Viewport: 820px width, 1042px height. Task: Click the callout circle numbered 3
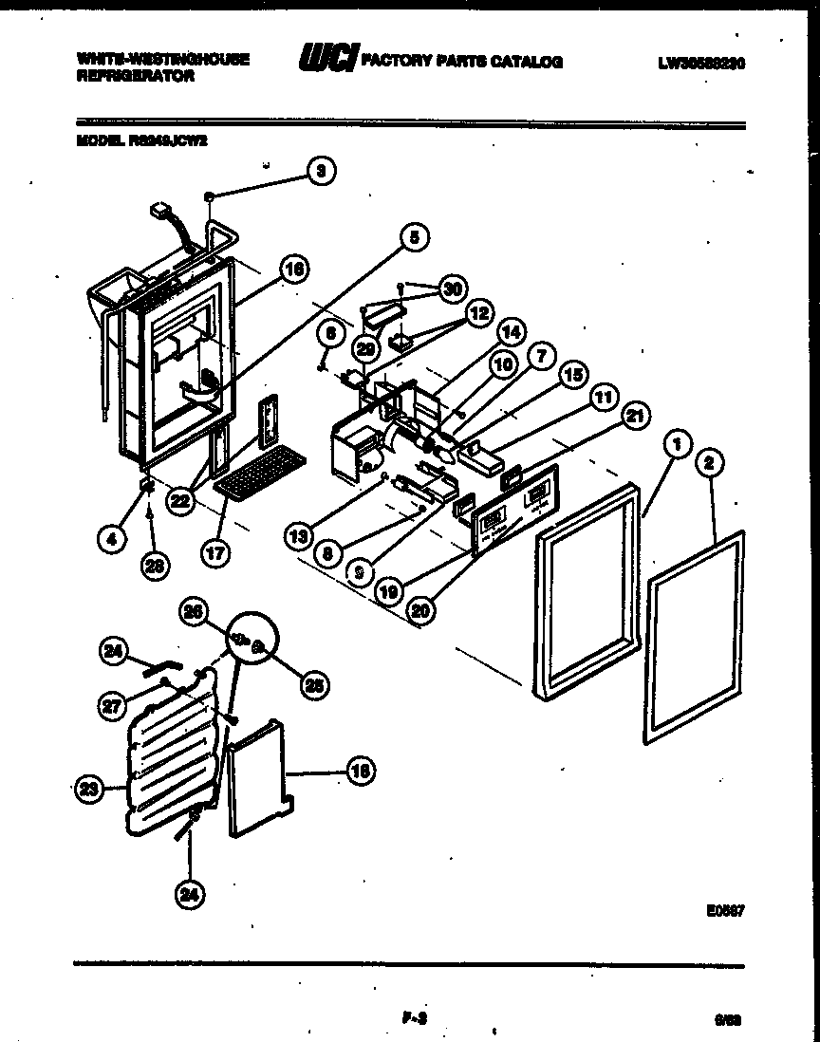321,171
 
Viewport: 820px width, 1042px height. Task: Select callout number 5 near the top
413,238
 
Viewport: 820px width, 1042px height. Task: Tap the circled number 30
453,288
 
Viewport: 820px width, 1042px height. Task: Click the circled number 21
634,414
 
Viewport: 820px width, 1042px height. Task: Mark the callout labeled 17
215,552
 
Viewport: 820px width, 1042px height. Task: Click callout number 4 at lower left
112,539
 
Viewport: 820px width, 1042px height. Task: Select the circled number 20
419,612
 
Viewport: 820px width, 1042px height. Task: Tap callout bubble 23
87,787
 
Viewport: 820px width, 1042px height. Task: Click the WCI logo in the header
327,61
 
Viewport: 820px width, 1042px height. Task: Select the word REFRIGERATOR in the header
136,77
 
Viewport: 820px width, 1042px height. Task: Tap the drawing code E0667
724,909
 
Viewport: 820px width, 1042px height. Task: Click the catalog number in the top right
700,64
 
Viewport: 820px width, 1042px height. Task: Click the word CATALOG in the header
527,62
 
